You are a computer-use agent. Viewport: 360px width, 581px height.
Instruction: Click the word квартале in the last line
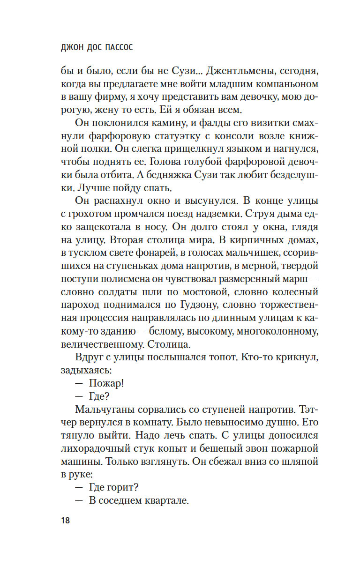[166, 500]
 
